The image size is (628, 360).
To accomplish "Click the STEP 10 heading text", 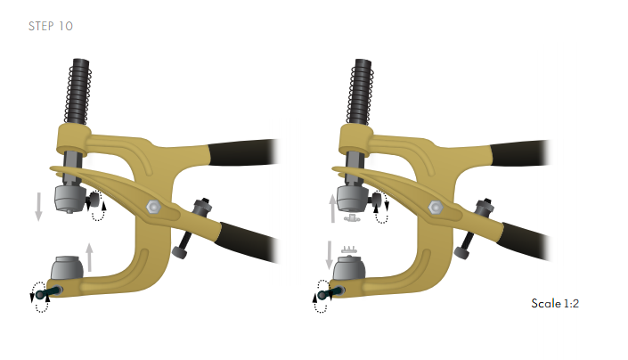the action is pos(51,26).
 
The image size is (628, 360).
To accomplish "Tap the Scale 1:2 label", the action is pos(555,303).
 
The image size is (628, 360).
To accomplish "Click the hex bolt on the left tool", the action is pos(153,207).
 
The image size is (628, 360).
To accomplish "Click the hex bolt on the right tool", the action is pos(436,208).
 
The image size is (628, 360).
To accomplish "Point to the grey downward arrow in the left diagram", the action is pos(38,207).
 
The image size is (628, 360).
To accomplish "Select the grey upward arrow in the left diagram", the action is pos(89,258).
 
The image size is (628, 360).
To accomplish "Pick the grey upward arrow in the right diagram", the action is pos(333,209).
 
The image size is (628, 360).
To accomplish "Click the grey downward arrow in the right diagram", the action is pos(330,255).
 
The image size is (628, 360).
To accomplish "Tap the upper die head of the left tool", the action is pos(69,199).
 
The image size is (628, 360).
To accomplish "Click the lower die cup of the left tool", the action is pos(68,268).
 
